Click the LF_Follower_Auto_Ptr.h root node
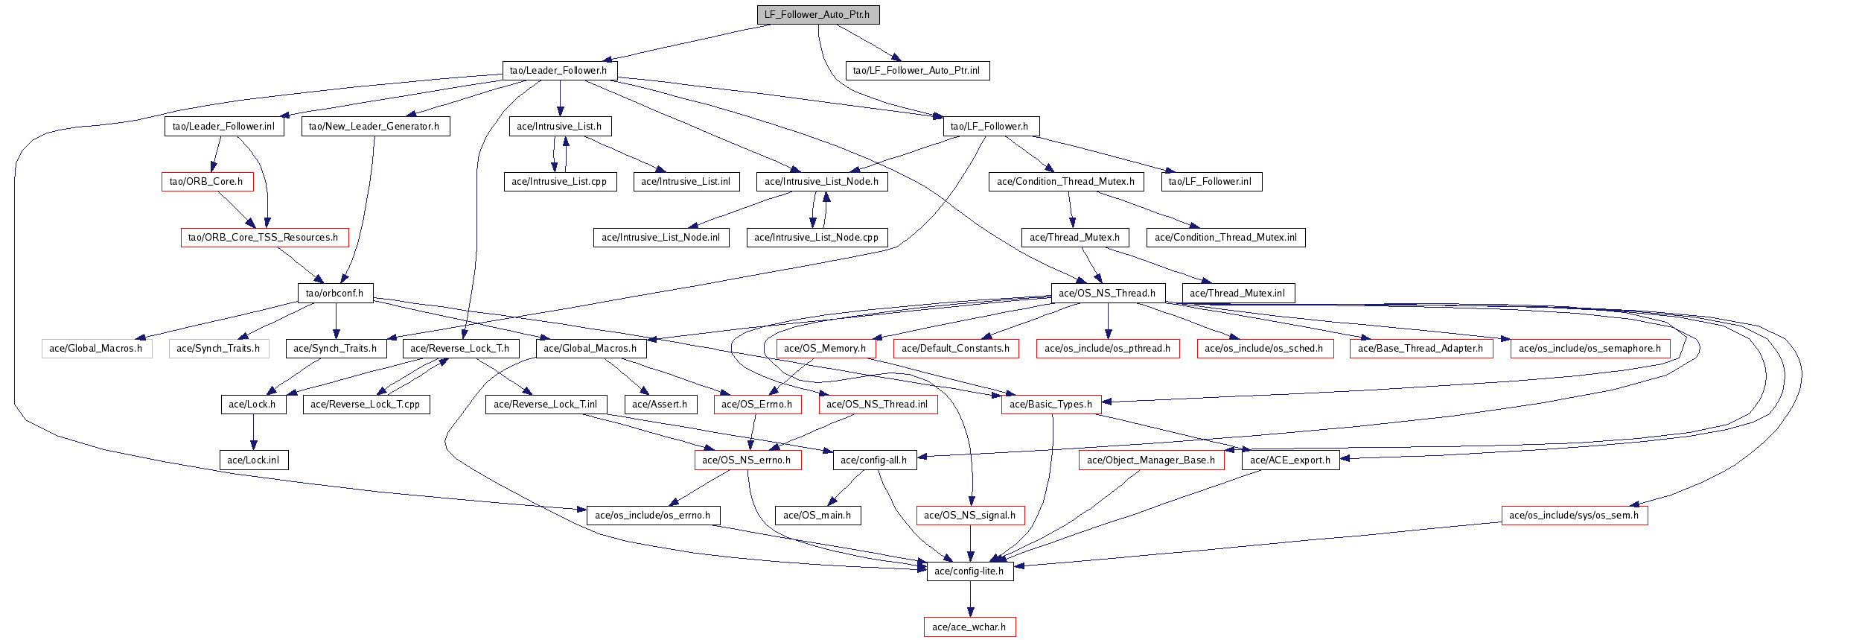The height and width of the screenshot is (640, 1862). [817, 15]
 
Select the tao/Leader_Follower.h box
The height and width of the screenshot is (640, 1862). [559, 71]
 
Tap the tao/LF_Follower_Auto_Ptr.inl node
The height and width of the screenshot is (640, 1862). [917, 71]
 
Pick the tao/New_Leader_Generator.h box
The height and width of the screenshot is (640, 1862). [374, 127]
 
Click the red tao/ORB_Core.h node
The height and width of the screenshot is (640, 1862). [207, 182]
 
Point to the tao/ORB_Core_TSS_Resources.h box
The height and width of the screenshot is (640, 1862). [264, 238]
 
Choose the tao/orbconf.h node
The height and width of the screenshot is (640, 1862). [335, 294]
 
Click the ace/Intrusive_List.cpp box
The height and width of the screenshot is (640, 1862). [560, 182]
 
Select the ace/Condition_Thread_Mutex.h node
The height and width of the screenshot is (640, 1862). [1066, 182]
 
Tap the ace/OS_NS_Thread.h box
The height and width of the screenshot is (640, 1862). [1108, 294]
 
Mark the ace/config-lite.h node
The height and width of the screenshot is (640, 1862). [969, 571]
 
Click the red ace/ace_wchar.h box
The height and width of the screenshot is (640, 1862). [969, 627]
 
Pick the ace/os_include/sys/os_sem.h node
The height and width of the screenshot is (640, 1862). [1574, 516]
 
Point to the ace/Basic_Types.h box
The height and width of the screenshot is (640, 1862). [1050, 405]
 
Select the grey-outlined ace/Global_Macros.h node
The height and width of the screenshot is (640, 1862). [97, 349]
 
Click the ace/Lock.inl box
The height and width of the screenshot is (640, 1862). [253, 460]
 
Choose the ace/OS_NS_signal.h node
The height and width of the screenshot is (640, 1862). [970, 516]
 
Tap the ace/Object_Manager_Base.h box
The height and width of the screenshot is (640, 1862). [1151, 460]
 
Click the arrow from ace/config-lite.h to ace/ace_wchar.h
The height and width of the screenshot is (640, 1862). [970, 599]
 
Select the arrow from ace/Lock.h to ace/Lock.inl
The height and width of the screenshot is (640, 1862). [253, 432]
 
